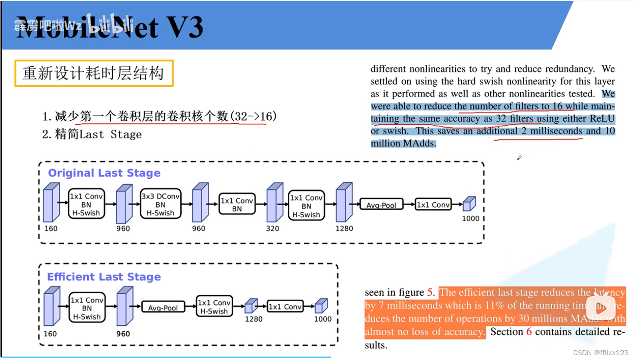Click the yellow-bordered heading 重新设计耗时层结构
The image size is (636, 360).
(x=94, y=73)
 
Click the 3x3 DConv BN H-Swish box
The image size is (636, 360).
(x=160, y=205)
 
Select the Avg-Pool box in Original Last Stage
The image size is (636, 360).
(x=381, y=205)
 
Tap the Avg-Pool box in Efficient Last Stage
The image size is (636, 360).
(x=163, y=308)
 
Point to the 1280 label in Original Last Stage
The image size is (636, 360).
(x=344, y=228)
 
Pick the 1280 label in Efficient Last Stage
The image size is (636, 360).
(x=253, y=320)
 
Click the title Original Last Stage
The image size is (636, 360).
(x=104, y=173)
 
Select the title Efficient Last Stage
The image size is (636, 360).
(x=104, y=277)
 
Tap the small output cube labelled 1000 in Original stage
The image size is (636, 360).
(x=469, y=204)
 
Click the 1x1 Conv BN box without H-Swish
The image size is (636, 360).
(x=237, y=205)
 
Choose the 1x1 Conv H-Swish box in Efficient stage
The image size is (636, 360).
(x=214, y=307)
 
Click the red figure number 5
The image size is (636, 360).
(x=430, y=292)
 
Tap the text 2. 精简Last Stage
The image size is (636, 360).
(x=92, y=134)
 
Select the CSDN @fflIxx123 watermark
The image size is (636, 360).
(x=600, y=353)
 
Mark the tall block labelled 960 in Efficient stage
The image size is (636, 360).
(x=124, y=307)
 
